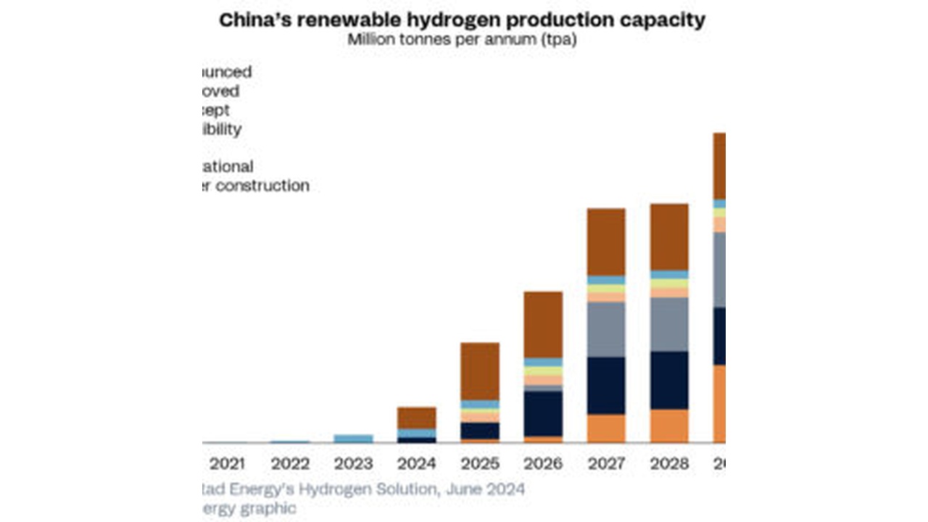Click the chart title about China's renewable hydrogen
(462, 20)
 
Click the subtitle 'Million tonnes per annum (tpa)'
(462, 39)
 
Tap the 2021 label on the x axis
(227, 464)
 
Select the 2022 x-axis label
(290, 464)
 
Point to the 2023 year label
(353, 464)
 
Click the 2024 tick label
(416, 464)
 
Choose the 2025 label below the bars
(479, 464)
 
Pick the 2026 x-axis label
(542, 464)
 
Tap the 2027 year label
(606, 464)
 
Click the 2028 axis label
(668, 464)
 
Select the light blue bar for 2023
(353, 439)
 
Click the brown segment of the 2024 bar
(416, 418)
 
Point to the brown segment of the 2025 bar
(479, 371)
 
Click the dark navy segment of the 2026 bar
(542, 413)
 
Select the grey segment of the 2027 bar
(606, 329)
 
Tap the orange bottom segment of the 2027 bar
(606, 428)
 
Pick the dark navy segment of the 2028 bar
(668, 381)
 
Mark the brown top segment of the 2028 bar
(668, 237)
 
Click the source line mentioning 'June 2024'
(362, 489)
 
